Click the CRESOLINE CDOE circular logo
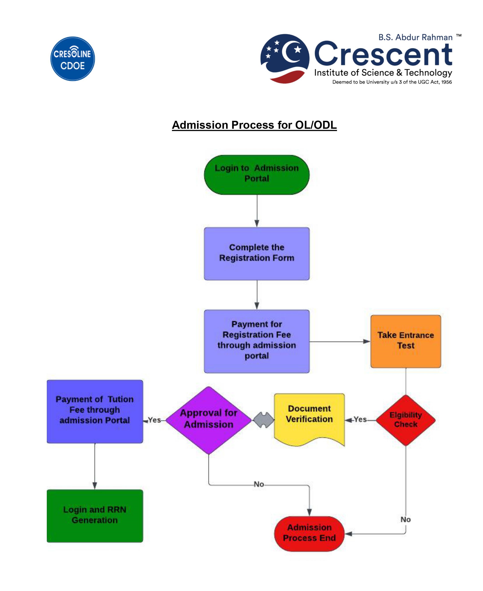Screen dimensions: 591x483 point(72,59)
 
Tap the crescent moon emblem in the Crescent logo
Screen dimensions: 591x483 point(285,59)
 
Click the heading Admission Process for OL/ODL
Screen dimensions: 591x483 point(254,125)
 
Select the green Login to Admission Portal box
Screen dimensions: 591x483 point(257,174)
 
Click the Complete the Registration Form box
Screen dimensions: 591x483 point(257,253)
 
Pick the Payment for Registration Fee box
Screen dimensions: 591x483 point(257,341)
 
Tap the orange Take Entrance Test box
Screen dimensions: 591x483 point(405,341)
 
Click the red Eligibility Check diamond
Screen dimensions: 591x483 point(405,420)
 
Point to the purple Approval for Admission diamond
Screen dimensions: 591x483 point(208,420)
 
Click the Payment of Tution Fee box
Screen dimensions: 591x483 point(95,411)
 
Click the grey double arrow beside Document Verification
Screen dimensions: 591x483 point(263,420)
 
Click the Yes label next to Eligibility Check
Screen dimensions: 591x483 point(360,419)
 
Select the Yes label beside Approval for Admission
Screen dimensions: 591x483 point(155,420)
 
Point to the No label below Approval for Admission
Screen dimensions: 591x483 point(259,484)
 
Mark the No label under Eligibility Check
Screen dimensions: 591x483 point(405,519)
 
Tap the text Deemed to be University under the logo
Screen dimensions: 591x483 point(392,82)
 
